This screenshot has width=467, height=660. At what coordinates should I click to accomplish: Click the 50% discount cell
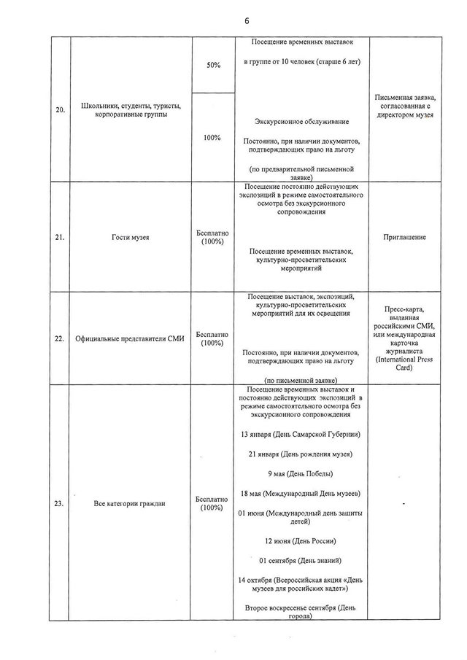click(213, 65)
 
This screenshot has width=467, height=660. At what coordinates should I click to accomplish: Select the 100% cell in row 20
click(213, 137)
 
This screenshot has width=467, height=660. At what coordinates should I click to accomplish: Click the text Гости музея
click(127, 237)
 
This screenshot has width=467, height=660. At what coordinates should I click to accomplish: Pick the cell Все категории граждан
click(127, 502)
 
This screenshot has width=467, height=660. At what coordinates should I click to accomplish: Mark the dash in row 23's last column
click(403, 504)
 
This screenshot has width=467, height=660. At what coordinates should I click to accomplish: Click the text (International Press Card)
click(404, 364)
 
